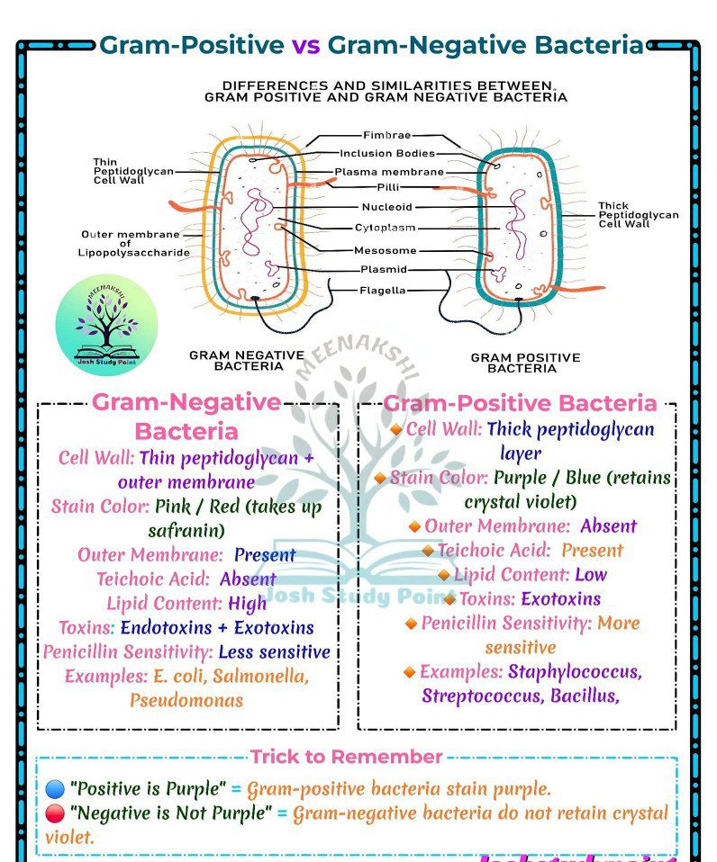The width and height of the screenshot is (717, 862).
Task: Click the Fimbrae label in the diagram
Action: pyautogui.click(x=386, y=136)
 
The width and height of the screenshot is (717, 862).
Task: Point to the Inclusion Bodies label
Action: pyautogui.click(x=387, y=154)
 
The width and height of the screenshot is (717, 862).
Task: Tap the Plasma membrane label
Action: pyautogui.click(x=389, y=172)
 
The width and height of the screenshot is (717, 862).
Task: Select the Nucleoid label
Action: pyautogui.click(x=386, y=207)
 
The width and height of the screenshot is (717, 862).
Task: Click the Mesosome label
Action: pyautogui.click(x=385, y=251)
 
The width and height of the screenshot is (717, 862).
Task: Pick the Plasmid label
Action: pyautogui.click(x=384, y=270)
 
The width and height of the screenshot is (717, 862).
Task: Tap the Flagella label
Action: pyautogui.click(x=383, y=291)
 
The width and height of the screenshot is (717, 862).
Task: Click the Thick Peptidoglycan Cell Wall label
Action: pyautogui.click(x=638, y=215)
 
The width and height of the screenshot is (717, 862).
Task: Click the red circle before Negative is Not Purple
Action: pyautogui.click(x=55, y=814)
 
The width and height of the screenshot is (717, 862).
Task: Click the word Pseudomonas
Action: pyautogui.click(x=186, y=699)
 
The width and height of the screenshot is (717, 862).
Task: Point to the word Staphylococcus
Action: pyautogui.click(x=575, y=671)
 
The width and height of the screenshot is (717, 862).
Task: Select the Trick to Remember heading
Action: pyautogui.click(x=346, y=757)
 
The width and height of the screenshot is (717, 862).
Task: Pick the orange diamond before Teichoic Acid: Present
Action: pyautogui.click(x=428, y=551)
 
